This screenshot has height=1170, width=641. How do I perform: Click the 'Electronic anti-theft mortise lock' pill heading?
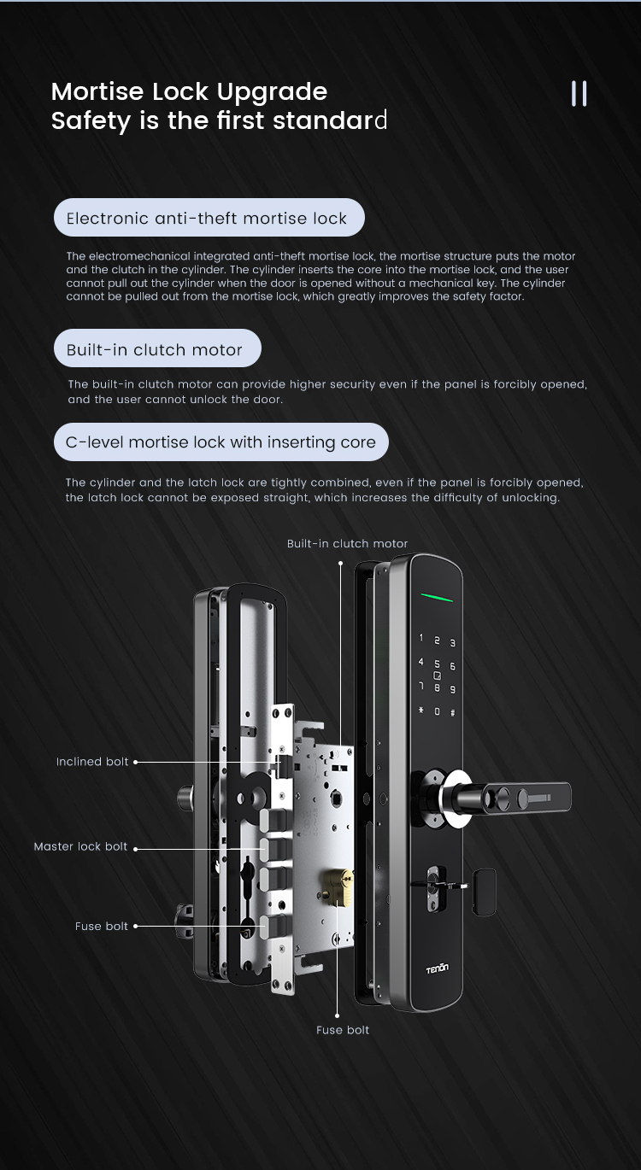209,217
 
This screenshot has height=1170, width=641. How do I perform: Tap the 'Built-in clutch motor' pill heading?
157,348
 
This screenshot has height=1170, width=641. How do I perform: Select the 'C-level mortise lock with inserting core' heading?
221,442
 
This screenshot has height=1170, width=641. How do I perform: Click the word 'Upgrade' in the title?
272,92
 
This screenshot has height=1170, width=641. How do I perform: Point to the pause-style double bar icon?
579,93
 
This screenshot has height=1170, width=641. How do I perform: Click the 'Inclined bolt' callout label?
92,762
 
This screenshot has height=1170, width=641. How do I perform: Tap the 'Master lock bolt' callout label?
80,846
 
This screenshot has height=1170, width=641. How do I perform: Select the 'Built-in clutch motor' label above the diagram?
347,543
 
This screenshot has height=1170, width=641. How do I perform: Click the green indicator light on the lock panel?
437,597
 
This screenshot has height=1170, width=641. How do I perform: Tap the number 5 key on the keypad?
437,664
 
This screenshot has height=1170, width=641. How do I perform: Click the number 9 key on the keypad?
453,689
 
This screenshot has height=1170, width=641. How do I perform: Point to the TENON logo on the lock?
437,969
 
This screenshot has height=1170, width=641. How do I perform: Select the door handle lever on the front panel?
523,798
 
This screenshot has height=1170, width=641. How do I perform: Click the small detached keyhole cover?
484,892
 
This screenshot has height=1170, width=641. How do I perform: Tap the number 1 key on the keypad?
420,637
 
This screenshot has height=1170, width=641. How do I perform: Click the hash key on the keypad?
452,712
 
